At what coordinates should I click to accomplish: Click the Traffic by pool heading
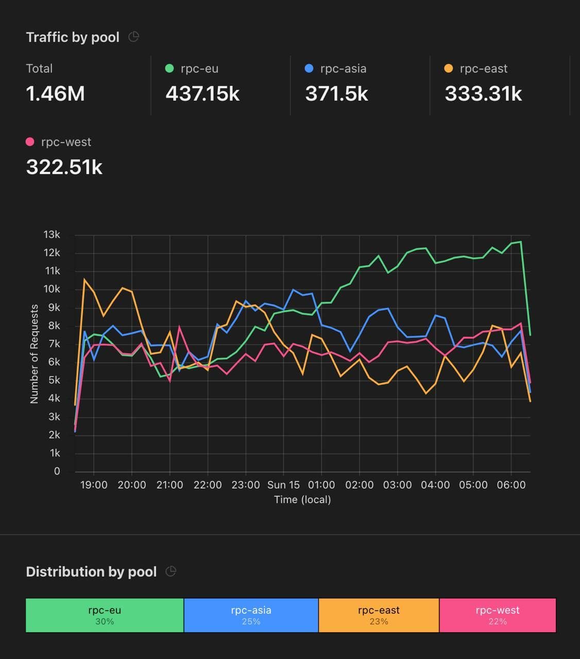pos(73,37)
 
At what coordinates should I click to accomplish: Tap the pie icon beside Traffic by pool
pos(133,37)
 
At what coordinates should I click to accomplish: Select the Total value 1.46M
pos(55,94)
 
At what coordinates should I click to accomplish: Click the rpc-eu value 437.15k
pos(202,94)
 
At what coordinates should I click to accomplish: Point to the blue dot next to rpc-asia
pos(309,68)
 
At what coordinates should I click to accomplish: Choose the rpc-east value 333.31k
pos(483,94)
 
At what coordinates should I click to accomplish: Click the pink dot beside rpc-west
pos(30,142)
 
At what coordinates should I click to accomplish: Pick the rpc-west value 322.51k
pos(64,167)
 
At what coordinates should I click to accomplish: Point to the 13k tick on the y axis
pos(52,235)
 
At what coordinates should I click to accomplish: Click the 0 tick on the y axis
pos(57,471)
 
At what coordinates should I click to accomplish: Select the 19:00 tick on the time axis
pos(94,485)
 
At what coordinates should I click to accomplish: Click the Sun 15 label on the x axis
pos(283,485)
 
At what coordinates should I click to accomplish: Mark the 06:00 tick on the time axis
pos(511,485)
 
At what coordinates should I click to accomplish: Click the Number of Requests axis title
pos(35,354)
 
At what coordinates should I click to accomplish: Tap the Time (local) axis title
pos(302,499)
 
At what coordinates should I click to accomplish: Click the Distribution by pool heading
pos(91,571)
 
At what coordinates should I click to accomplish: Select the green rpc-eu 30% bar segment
pos(105,615)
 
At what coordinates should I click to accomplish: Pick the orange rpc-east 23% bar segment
pos(379,615)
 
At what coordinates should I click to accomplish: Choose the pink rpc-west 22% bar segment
pos(498,615)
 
